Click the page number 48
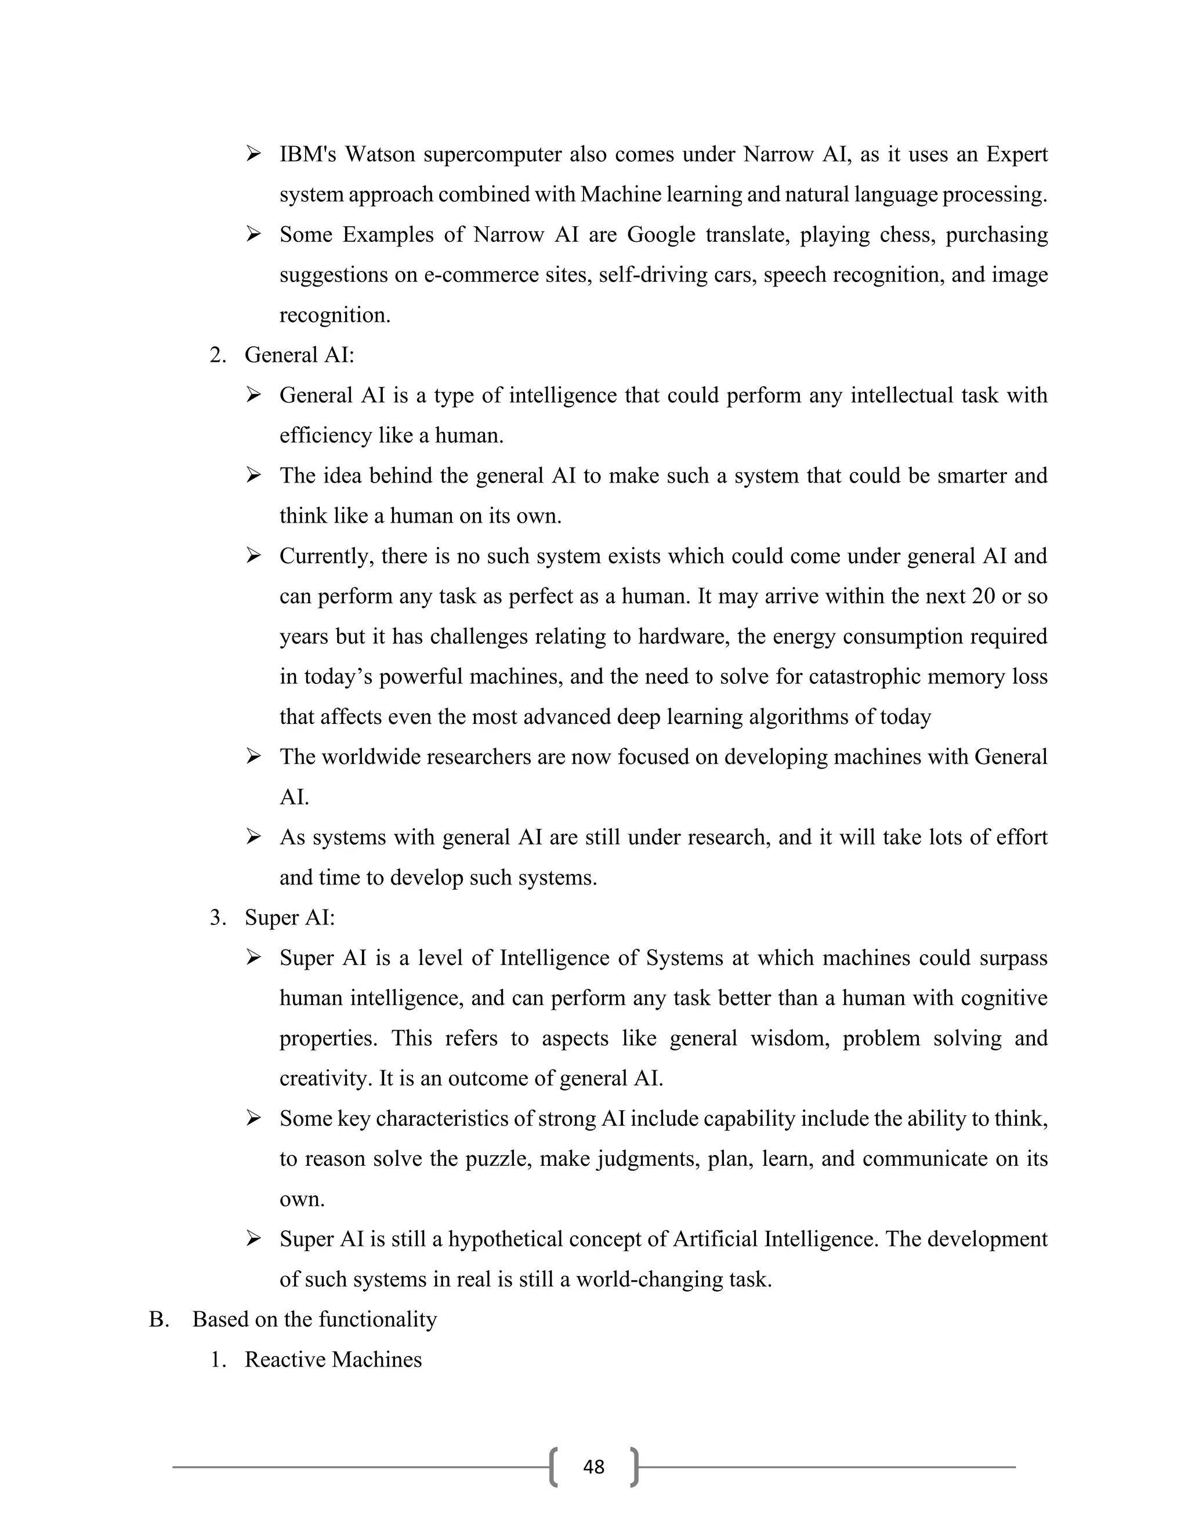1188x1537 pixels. pos(593,1467)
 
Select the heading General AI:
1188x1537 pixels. pos(299,355)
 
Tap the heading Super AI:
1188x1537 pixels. pos(289,918)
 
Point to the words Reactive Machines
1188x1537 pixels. pos(333,1359)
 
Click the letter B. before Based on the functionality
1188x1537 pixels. pos(159,1319)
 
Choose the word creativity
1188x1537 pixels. pos(325,1078)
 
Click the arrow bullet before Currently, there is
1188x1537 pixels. pos(253,556)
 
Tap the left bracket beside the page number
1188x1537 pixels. pos(555,1467)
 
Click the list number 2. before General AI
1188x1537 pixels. pos(218,355)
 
